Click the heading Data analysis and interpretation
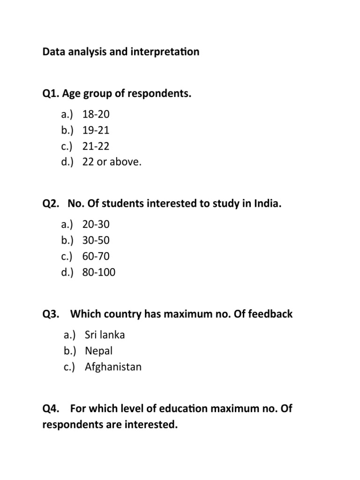[x=120, y=52]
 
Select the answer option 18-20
[x=96, y=114]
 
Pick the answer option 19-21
[x=96, y=130]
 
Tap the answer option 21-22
[x=96, y=146]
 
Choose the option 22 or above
[x=112, y=162]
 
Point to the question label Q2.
[x=51, y=204]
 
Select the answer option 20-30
[x=96, y=224]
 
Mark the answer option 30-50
[x=96, y=240]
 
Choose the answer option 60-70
[x=96, y=256]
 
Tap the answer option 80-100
[x=98, y=272]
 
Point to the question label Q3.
[x=51, y=314]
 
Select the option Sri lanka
[x=105, y=335]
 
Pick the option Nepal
[x=99, y=351]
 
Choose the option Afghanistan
[x=113, y=367]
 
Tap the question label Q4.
[x=51, y=408]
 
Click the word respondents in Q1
[x=162, y=94]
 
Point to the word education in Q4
[x=180, y=408]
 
